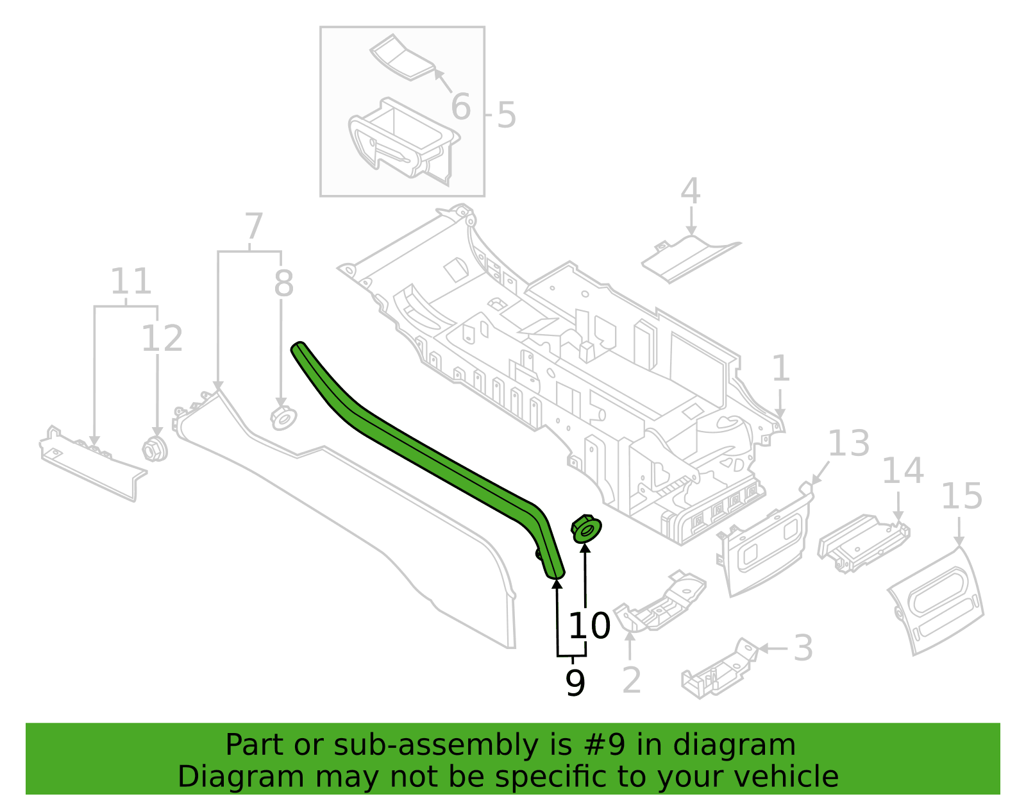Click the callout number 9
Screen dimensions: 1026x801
click(575, 682)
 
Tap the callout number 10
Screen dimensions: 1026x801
click(590, 626)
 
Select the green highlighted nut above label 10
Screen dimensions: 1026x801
click(586, 529)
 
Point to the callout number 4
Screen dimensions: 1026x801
click(690, 191)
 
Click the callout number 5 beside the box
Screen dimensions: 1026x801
click(507, 115)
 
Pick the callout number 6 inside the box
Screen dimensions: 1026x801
click(461, 106)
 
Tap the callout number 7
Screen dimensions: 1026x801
click(253, 226)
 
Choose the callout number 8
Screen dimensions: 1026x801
click(284, 283)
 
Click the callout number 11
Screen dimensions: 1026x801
click(131, 281)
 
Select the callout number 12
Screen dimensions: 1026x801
click(162, 339)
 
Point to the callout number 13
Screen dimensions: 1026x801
click(848, 443)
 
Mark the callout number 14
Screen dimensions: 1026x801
click(903, 470)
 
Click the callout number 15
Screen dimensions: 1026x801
click(962, 496)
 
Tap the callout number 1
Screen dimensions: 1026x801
click(780, 369)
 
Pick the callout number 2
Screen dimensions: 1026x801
click(632, 680)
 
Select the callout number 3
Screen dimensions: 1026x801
click(803, 648)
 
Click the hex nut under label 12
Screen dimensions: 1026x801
click(155, 449)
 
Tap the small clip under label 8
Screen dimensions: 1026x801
click(283, 418)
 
